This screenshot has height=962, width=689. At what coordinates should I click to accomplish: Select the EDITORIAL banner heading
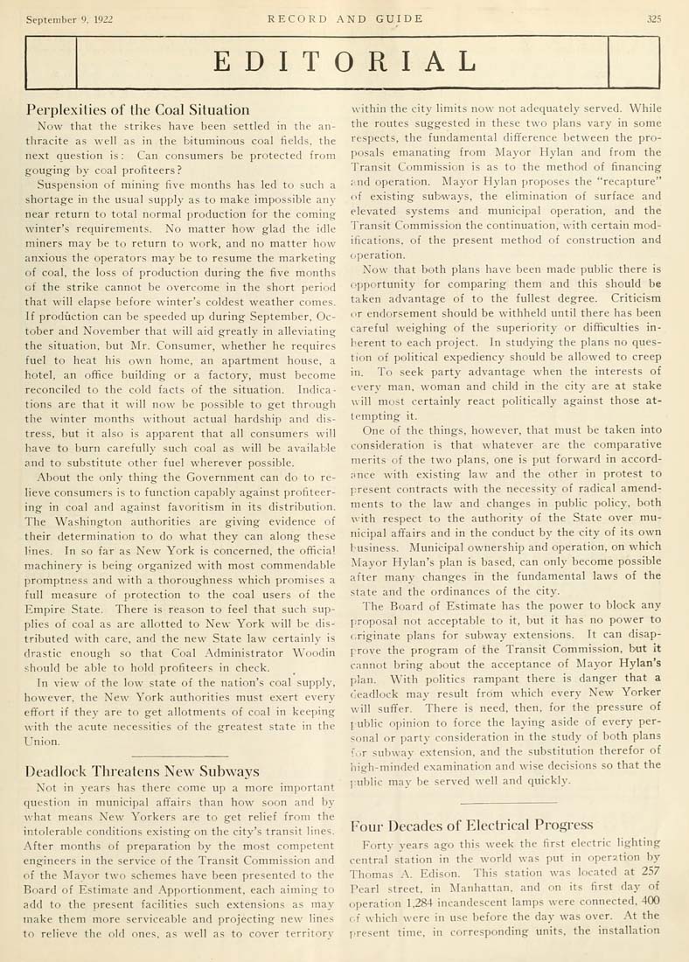click(344, 61)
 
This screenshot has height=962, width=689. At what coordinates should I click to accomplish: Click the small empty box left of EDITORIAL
click(53, 61)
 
